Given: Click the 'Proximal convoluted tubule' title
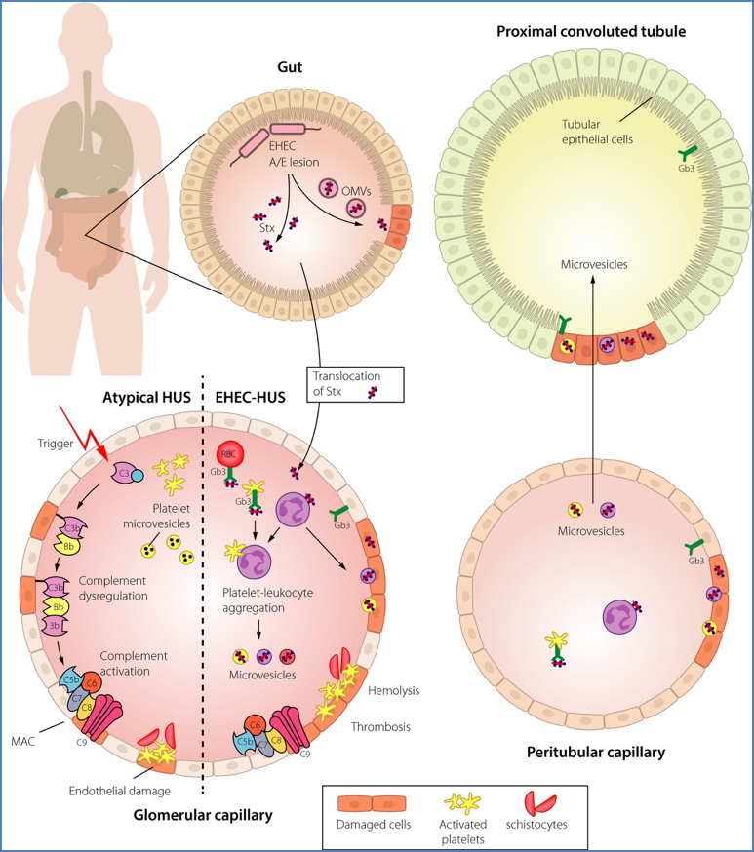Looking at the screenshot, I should pyautogui.click(x=591, y=32).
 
